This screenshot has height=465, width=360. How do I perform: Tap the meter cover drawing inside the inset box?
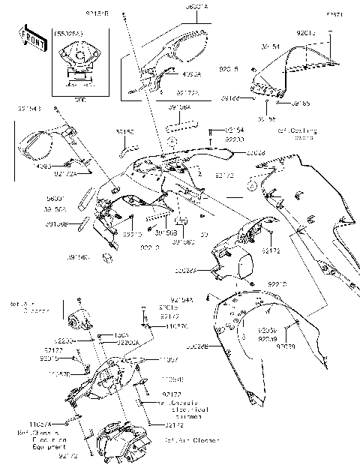pyautogui.click(x=76, y=60)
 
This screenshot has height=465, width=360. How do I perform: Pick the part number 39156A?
pyautogui.click(x=179, y=107)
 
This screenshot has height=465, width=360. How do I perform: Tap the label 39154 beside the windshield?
pyautogui.click(x=271, y=47)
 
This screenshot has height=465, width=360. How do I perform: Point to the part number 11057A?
pyautogui.click(x=28, y=424)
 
